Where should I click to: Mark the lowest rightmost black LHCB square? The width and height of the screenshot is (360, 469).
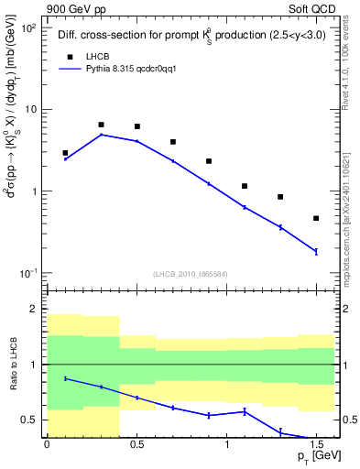click(x=316, y=218)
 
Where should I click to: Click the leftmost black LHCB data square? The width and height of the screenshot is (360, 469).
click(x=65, y=153)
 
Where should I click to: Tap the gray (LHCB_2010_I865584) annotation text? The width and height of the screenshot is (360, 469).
click(x=191, y=275)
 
